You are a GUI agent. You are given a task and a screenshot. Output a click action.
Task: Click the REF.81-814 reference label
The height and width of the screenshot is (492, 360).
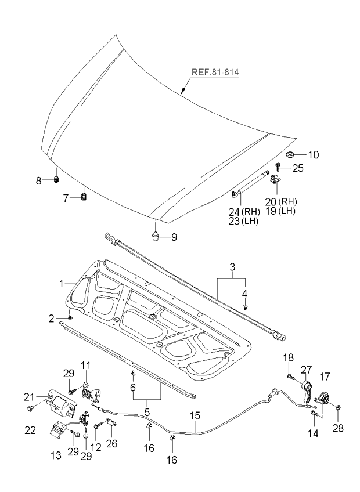pyautogui.click(x=215, y=74)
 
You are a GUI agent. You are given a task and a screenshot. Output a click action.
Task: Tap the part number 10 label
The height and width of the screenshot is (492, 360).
pyautogui.click(x=313, y=155)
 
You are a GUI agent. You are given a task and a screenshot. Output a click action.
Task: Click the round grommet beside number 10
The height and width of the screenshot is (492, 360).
pyautogui.click(x=291, y=154)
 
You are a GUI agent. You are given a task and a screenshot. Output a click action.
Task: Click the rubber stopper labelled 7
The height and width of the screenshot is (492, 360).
pyautogui.click(x=83, y=198)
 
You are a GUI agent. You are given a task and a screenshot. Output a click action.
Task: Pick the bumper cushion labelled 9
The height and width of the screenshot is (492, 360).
pyautogui.click(x=156, y=236)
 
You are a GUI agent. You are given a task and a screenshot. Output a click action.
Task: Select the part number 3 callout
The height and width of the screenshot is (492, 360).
pyautogui.click(x=232, y=267)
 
